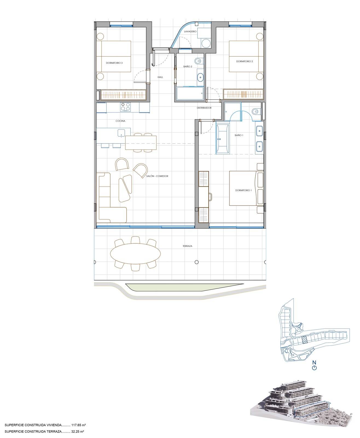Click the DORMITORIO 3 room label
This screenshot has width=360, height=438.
[114, 63]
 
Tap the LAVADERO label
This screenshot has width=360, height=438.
[190, 31]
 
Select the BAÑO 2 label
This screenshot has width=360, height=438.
[188, 67]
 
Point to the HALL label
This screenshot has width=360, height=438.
[160, 77]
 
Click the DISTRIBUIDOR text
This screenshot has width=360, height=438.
[204, 108]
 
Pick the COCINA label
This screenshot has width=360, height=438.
[120, 121]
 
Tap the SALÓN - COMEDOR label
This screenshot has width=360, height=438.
[157, 176]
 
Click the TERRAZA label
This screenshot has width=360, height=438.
[187, 246]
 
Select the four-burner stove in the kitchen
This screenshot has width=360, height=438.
[125, 107]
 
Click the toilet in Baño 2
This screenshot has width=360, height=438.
[198, 61]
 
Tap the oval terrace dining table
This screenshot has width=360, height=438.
[135, 253]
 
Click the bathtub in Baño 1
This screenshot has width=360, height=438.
[223, 138]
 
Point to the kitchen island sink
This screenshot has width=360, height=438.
[121, 133]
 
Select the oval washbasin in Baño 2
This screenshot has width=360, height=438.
[200, 77]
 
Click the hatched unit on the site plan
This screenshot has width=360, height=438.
[304, 340]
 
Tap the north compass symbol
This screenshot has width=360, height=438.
[314, 368]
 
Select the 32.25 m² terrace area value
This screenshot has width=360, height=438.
[78, 431]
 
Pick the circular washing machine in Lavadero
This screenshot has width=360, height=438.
[206, 43]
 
